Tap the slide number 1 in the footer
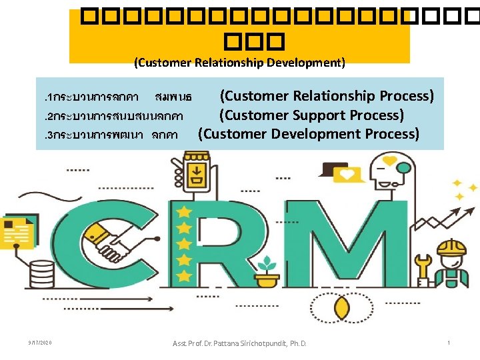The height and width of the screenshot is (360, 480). [449, 343]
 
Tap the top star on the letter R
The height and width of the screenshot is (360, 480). [183, 212]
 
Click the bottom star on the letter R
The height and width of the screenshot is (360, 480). [183, 273]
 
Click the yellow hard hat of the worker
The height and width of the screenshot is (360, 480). [451, 249]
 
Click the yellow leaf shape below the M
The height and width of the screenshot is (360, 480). [341, 308]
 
